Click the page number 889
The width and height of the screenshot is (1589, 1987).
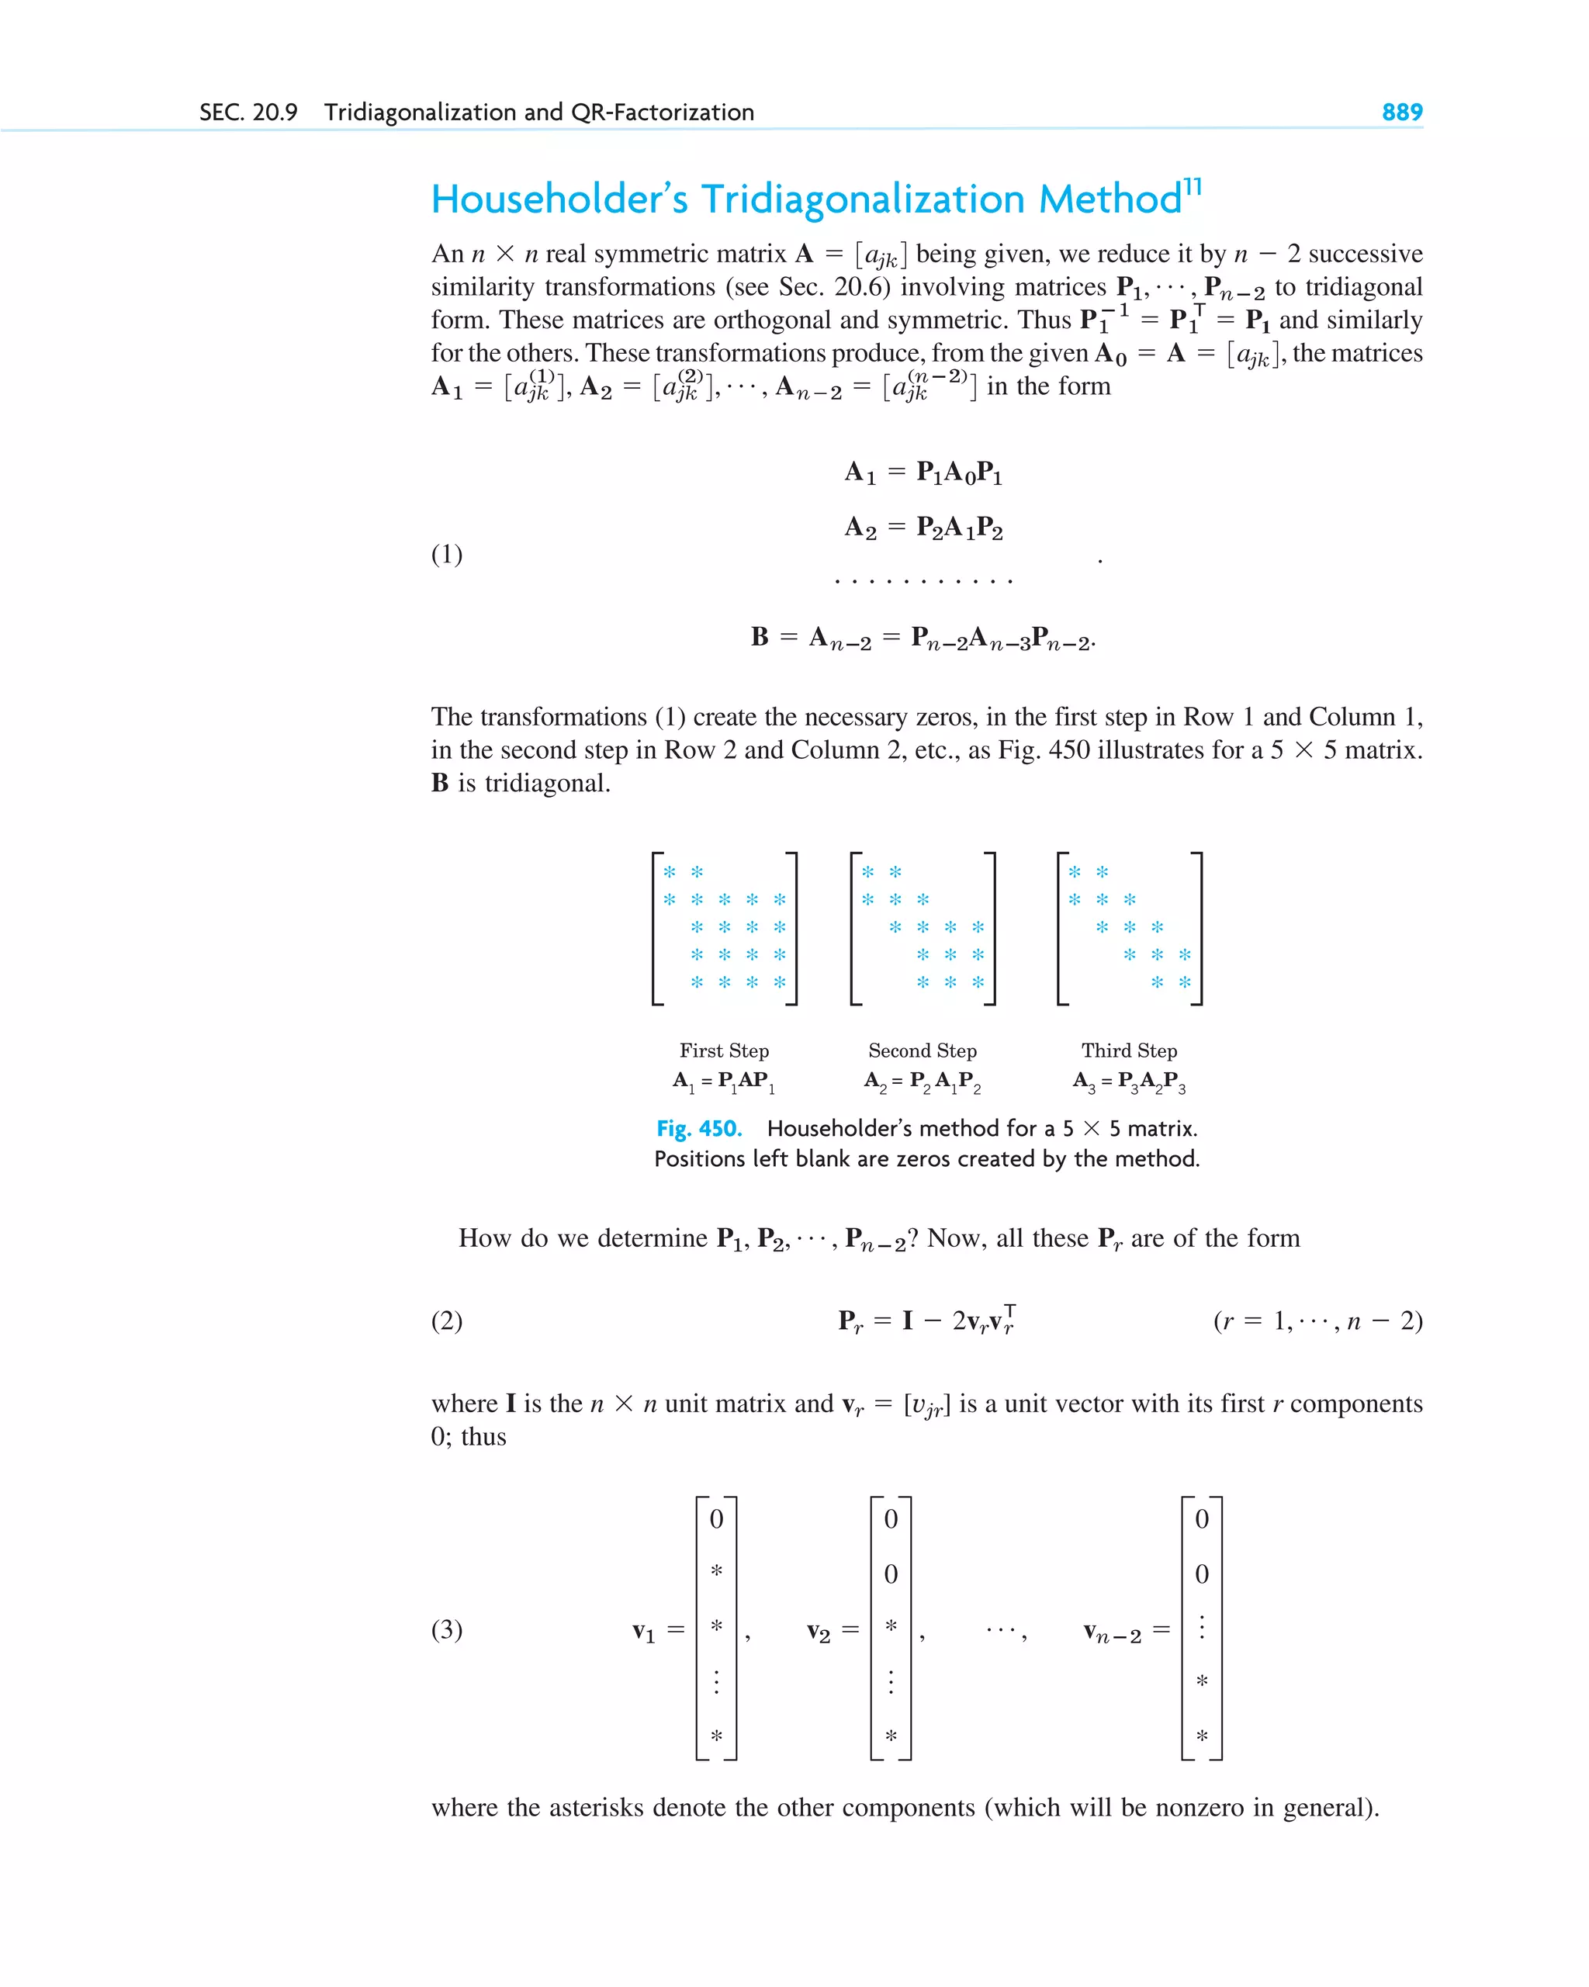(x=1401, y=113)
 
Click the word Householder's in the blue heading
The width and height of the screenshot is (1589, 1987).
(x=559, y=199)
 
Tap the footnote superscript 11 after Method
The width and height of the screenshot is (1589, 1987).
(x=1193, y=187)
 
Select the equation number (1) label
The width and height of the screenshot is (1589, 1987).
(x=447, y=554)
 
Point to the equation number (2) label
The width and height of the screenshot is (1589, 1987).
(x=447, y=1321)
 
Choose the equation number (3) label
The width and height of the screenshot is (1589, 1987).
(x=447, y=1629)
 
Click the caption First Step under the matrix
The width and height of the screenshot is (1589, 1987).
(x=724, y=1051)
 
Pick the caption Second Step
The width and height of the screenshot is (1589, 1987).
(x=922, y=1051)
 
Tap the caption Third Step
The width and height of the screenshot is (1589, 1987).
(x=1129, y=1051)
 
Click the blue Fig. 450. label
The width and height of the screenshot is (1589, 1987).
(x=698, y=1129)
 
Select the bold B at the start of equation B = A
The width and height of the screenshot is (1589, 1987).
(x=760, y=637)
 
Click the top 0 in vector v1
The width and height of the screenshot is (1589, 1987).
(x=716, y=1519)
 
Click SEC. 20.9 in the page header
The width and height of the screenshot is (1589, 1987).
(x=248, y=113)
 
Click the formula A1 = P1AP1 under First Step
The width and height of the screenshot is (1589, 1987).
(x=724, y=1081)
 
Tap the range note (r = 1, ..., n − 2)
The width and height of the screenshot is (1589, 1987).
(x=1318, y=1321)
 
